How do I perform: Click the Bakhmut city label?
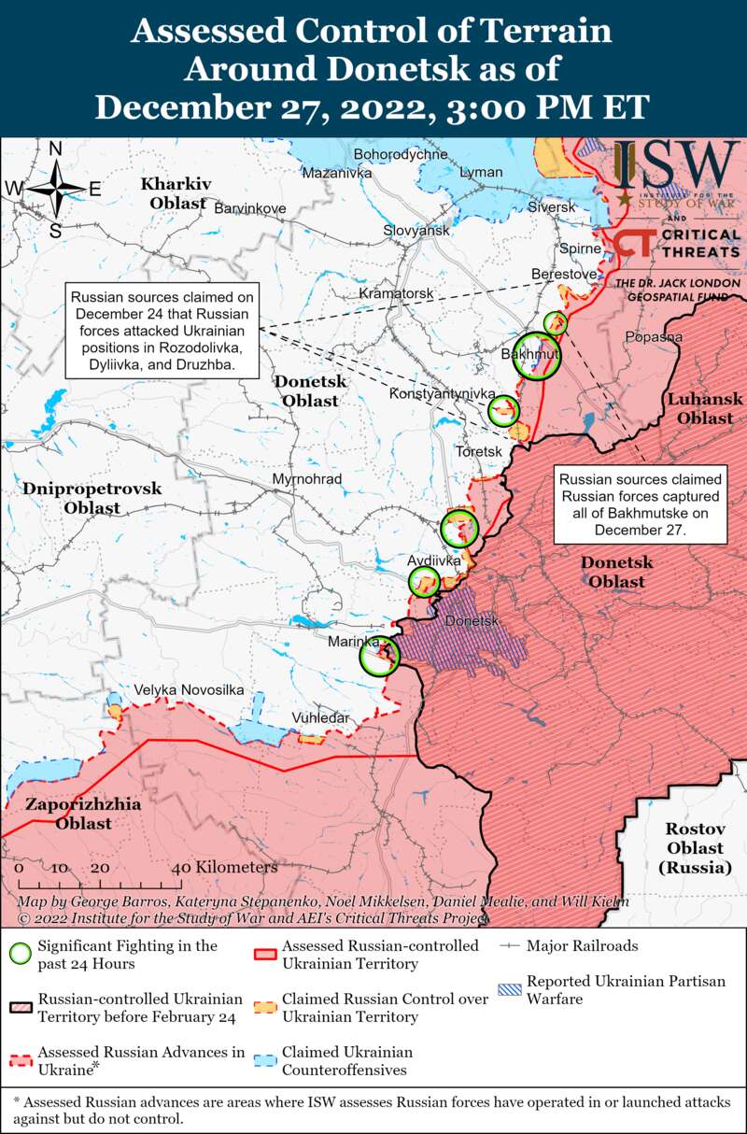529,355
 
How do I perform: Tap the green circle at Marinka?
380,656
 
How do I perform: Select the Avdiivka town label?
434,560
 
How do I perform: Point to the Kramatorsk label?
396,293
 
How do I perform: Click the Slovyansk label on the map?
416,230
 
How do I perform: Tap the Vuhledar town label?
320,717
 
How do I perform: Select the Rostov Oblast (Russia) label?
695,848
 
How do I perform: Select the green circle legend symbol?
21,954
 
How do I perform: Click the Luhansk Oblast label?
705,408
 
